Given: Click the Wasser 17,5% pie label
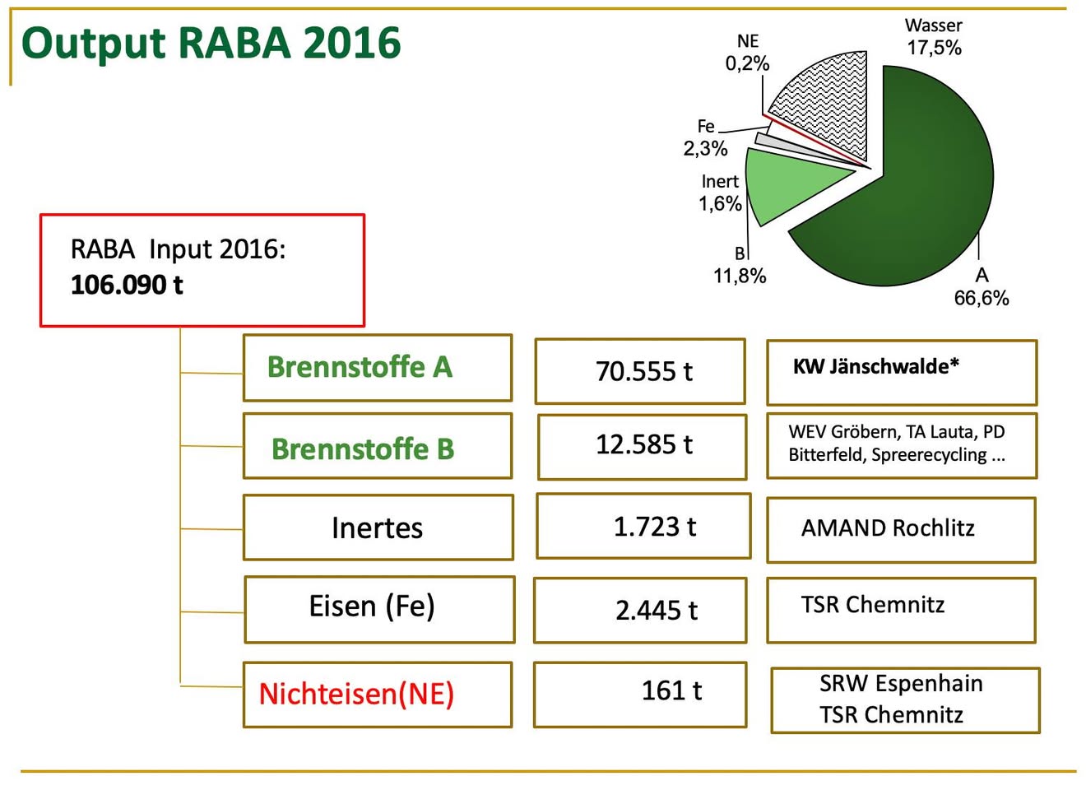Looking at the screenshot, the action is point(934,37).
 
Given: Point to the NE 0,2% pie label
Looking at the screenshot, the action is point(747,53).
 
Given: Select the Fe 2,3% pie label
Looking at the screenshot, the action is point(705,137).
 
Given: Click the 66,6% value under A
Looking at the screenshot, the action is point(982,298).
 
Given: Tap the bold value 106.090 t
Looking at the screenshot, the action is point(127,285).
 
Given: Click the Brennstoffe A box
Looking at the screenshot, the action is point(378,368).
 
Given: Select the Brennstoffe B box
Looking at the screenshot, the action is point(378,446).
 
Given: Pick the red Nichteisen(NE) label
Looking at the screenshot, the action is point(356,694).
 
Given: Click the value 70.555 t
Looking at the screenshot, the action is point(644,371).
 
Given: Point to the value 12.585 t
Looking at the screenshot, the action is point(644,444).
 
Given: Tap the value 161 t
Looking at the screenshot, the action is point(671,690).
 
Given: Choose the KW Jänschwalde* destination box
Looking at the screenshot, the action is point(902,373).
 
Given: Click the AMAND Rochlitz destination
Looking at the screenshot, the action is point(888,528).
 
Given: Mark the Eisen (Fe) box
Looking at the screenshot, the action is point(379,610).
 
